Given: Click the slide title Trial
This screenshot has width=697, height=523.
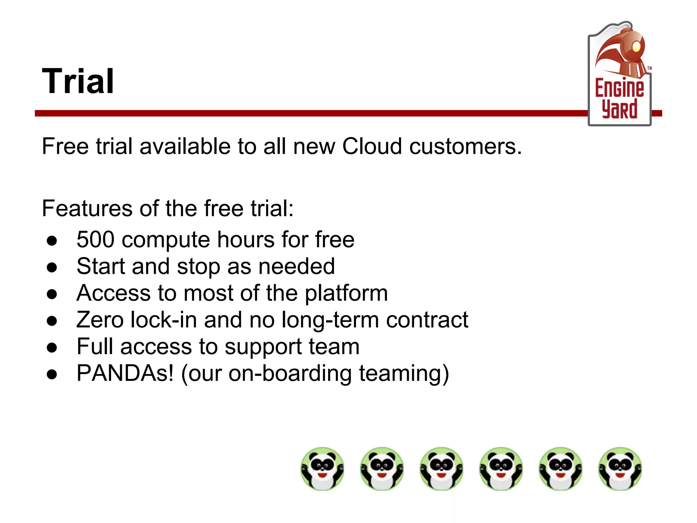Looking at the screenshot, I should click(x=78, y=81).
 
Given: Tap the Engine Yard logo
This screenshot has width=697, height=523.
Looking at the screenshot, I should click(x=619, y=75).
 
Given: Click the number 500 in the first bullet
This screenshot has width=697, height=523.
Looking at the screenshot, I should click(x=95, y=239).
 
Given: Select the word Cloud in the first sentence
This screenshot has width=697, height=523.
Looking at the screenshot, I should click(x=372, y=146).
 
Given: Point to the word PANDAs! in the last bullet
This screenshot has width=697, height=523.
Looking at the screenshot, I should click(x=125, y=373).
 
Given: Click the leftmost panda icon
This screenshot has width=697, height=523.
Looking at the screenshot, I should click(x=322, y=469).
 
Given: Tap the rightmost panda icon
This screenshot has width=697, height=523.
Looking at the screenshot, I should click(x=620, y=469).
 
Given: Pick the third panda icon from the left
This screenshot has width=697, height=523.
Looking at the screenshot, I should click(x=441, y=469).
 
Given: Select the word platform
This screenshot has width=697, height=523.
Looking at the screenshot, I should click(x=346, y=294).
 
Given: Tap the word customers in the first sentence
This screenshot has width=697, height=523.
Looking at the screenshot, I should click(x=465, y=146).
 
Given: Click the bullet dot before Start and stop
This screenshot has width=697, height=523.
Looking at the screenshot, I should click(x=52, y=267).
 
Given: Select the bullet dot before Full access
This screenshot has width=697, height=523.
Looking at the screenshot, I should click(x=52, y=348).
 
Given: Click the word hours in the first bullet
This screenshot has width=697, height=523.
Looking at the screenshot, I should click(x=245, y=239).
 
